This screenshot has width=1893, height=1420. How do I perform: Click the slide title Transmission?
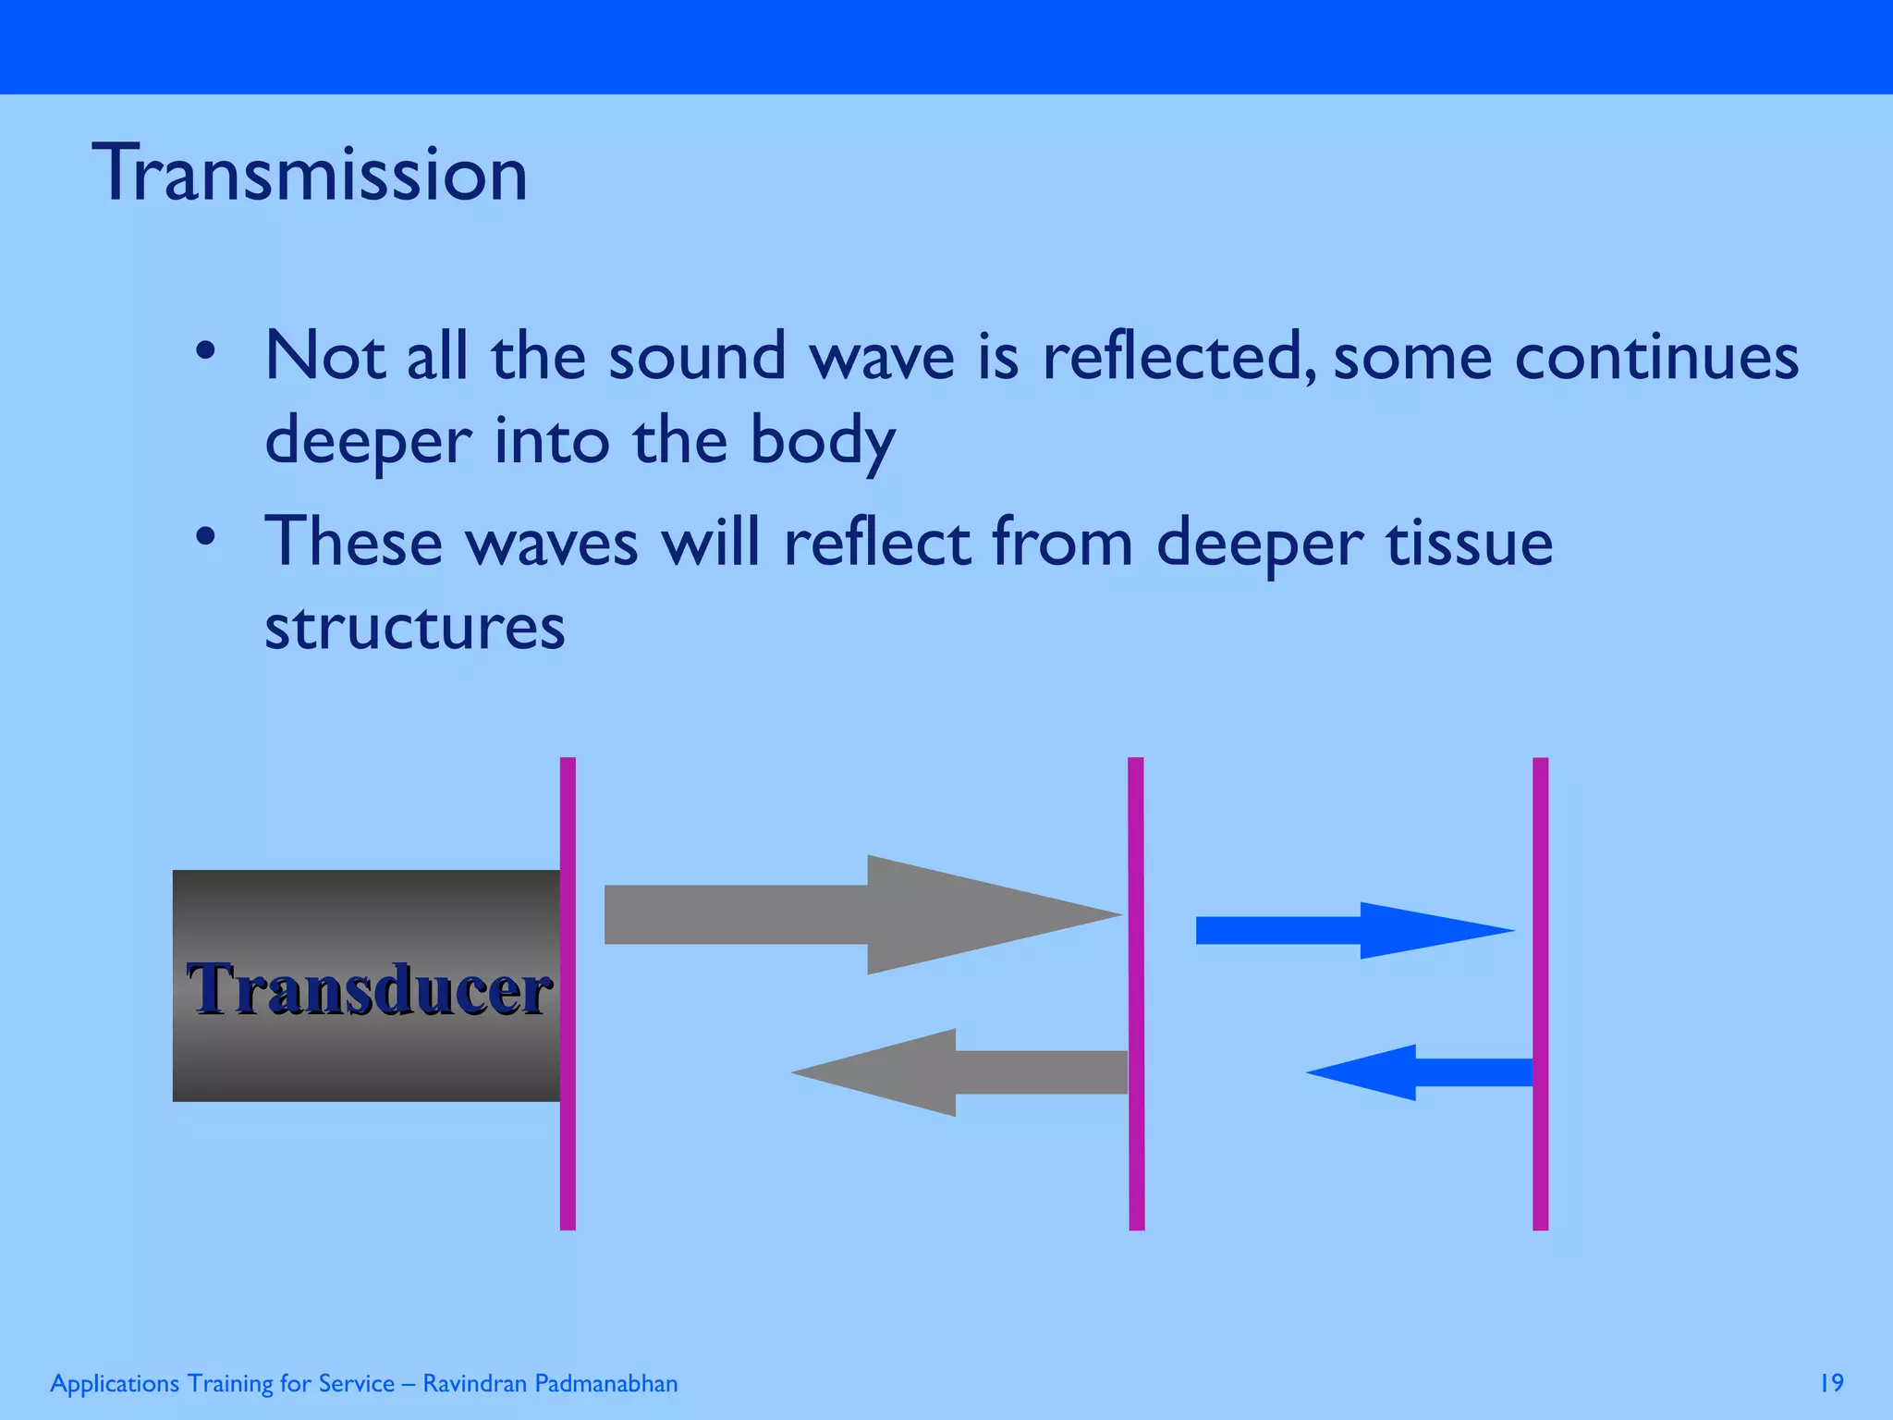click(310, 174)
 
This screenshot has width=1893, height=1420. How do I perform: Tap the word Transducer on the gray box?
click(369, 988)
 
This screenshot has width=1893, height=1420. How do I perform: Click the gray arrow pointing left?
click(961, 1072)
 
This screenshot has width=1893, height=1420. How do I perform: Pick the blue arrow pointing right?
click(1350, 930)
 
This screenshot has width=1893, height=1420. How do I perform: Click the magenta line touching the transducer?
click(568, 994)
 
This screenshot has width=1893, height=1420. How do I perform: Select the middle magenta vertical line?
click(1136, 994)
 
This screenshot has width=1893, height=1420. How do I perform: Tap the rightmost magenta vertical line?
click(1540, 994)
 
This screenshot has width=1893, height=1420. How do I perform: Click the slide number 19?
click(1831, 1383)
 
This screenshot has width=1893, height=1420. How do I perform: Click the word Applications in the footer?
click(115, 1384)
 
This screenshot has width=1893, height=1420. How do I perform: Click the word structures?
click(414, 627)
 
